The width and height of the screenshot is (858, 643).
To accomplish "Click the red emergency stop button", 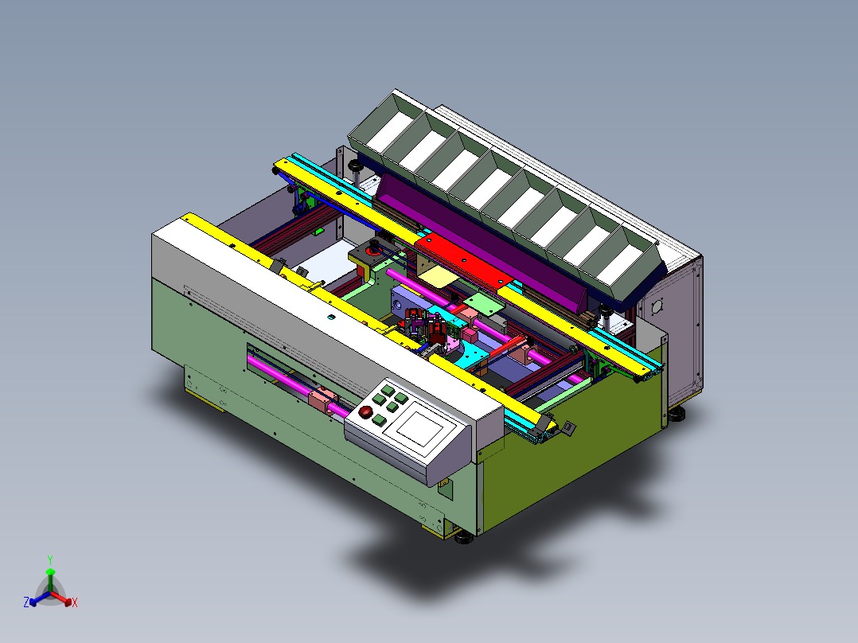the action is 365,411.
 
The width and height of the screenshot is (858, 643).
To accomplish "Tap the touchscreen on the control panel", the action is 420,423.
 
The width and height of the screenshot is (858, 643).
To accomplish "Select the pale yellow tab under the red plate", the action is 439,276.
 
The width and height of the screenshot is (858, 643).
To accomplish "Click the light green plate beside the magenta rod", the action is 484,303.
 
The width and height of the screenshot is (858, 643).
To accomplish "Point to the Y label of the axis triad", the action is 50,559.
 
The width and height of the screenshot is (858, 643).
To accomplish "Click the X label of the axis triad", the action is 75,602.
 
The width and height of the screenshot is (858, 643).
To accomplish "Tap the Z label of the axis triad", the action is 26,602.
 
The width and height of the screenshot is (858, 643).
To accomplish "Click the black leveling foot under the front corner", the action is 464,539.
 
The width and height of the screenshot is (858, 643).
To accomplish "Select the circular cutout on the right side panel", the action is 658,306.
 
